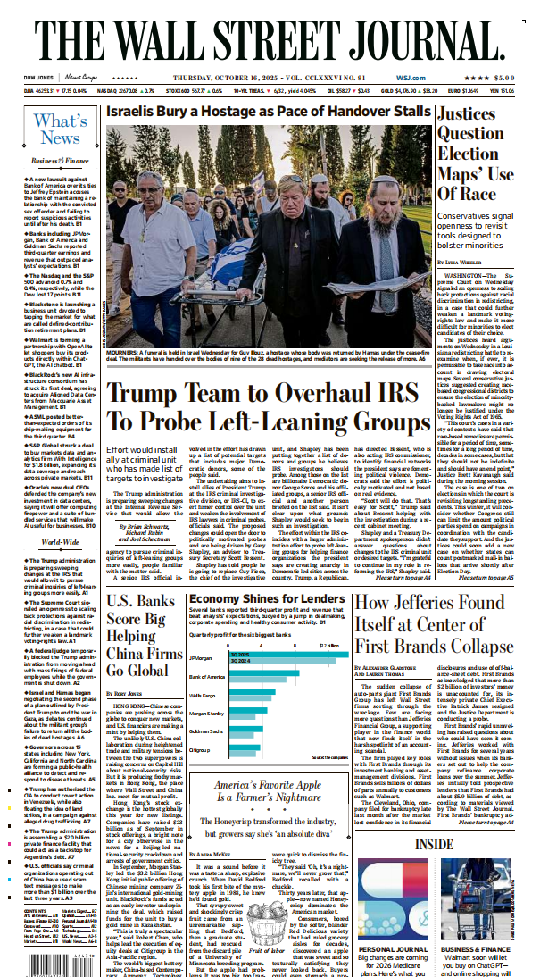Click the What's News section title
59,129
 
